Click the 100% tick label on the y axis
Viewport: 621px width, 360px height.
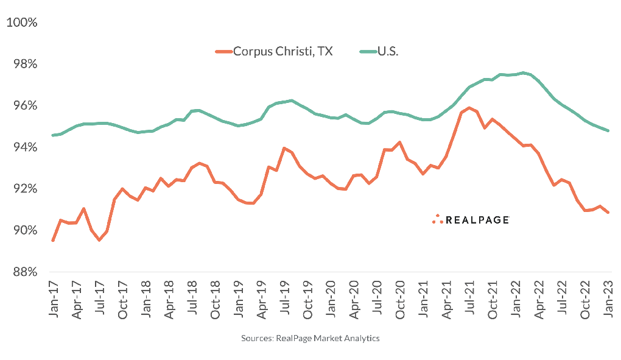22,23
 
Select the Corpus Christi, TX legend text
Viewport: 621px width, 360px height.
283,51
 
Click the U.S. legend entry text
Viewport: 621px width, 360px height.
388,51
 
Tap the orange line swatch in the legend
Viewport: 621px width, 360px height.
223,52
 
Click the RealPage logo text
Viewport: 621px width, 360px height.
477,220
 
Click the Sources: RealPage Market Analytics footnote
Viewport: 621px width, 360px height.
310,338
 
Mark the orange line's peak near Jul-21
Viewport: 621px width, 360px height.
469,108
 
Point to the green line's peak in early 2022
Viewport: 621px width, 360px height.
523,72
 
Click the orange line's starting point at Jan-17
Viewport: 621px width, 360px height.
54,240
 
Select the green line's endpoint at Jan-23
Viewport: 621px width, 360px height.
608,130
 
